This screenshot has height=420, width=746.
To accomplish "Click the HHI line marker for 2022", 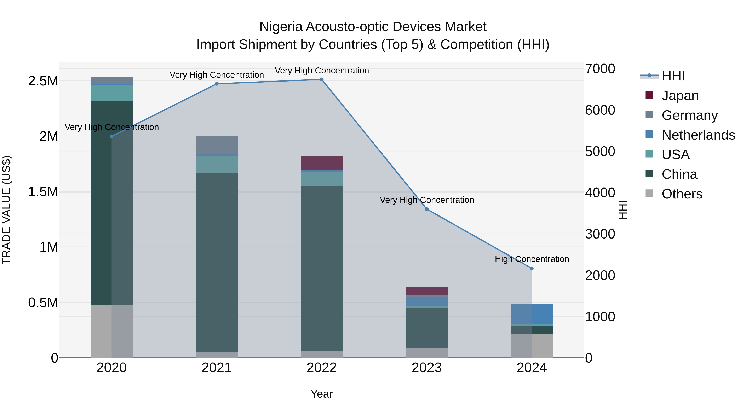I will pos(321,79).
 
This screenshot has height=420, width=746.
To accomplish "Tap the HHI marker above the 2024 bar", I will pos(532,268).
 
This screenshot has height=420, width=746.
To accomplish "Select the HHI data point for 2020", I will pos(111,136).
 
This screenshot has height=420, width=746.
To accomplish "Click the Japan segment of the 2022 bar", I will pos(321,163).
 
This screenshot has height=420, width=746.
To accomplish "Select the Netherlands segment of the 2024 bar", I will pos(532,314).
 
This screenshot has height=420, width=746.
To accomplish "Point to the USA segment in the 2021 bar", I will pos(217,164).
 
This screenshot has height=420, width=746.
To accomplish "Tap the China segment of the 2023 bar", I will pos(427,327).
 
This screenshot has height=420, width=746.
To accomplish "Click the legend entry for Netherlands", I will pos(698,135).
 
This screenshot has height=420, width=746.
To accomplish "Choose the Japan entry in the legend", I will pos(680,96).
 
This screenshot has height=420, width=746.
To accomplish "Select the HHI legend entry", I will pos(673,76).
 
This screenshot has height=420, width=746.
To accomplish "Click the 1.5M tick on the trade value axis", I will pos(43,192).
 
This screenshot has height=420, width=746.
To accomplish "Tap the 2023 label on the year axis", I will pos(427,368).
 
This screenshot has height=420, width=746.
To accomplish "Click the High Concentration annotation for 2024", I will pos(532,259).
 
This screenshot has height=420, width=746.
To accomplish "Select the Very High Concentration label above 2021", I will pos(217,75).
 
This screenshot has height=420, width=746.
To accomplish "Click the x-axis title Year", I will pos(321,394).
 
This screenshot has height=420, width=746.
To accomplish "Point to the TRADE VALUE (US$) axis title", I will pos(6,210).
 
